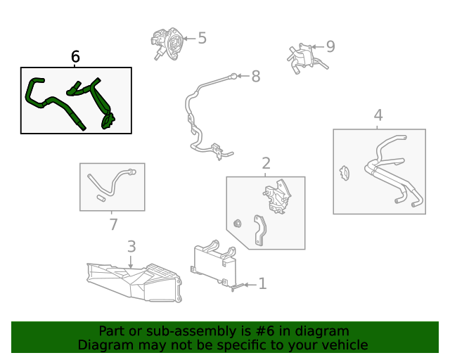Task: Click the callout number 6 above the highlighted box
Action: [75, 56]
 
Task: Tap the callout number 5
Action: [202, 38]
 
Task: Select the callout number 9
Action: [330, 46]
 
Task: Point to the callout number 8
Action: [256, 77]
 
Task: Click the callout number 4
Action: [378, 115]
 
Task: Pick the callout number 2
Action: [266, 163]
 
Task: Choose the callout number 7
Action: [114, 224]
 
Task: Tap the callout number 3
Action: [131, 247]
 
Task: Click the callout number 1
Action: [262, 283]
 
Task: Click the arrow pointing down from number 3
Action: [131, 262]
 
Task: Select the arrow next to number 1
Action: [250, 285]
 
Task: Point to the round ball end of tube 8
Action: [234, 76]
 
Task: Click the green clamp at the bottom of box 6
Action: [108, 122]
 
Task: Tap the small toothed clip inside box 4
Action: [345, 173]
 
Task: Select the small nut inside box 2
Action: [238, 224]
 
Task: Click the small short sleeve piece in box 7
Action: [101, 198]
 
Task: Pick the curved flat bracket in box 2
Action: [260, 230]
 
